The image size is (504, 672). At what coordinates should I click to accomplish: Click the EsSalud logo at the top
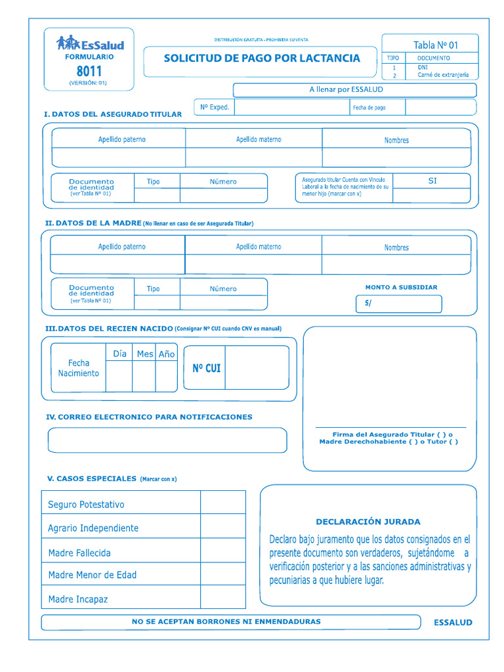89,44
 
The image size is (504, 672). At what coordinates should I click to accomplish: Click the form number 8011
89,71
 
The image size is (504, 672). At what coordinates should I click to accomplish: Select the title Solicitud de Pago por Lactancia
261,58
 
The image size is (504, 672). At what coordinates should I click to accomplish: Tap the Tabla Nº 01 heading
435,45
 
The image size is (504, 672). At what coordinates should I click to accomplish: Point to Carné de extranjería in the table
443,75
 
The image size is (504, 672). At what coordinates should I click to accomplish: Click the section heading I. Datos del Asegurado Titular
113,114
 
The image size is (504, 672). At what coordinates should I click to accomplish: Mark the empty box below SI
431,195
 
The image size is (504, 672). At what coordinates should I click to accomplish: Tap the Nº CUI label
206,369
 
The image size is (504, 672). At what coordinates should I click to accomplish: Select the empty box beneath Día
119,376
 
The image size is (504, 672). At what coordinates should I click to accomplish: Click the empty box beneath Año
166,376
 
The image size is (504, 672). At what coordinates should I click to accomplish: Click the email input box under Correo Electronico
167,440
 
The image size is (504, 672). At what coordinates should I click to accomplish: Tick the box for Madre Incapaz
222,597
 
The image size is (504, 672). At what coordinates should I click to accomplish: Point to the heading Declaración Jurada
367,522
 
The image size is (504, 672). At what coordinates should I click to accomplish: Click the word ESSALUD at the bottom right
453,623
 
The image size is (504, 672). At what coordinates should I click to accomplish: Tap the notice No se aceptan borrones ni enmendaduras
226,621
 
